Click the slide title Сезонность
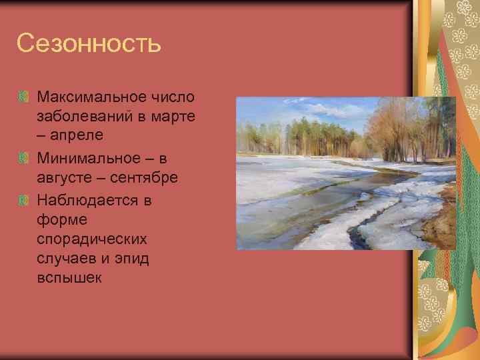[x=89, y=44]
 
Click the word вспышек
[x=69, y=278]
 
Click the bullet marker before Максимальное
[x=24, y=97]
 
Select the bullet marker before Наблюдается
[x=24, y=199]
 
